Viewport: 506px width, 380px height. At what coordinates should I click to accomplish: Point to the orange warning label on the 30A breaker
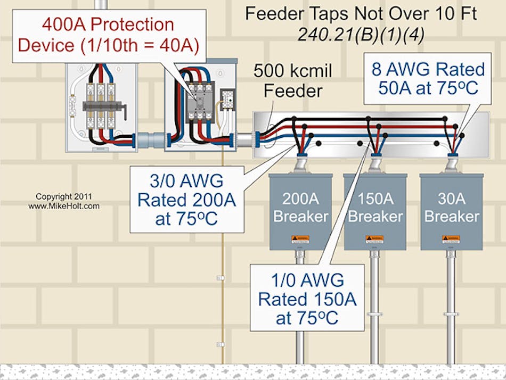pyautogui.click(x=451, y=238)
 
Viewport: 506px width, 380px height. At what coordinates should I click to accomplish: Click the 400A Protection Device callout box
pyautogui.click(x=109, y=35)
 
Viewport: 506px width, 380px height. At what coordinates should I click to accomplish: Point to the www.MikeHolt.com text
pyautogui.click(x=64, y=205)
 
